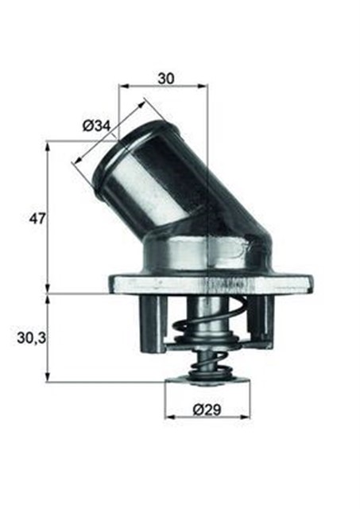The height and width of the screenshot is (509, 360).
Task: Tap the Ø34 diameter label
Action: [x=96, y=125]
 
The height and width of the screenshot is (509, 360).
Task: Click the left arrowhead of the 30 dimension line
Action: [x=122, y=86]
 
